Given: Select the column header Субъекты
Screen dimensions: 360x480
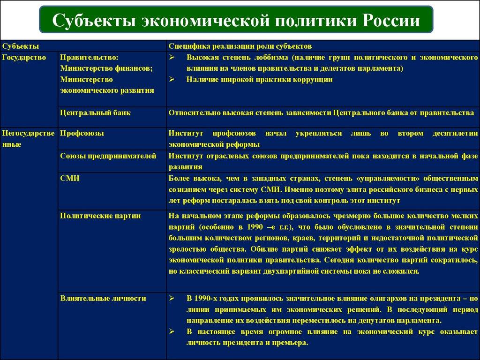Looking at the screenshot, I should [x=21, y=46].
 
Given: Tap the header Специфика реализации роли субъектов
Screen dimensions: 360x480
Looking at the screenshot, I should [x=240, y=46].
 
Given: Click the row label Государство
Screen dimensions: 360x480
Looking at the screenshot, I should [x=24, y=57].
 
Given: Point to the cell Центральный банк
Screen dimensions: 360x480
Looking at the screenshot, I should [x=95, y=113].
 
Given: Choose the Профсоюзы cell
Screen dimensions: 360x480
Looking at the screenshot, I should [x=82, y=133].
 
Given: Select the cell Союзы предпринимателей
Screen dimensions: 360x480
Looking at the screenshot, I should [x=108, y=156].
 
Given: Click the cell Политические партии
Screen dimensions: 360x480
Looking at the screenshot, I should [x=100, y=216].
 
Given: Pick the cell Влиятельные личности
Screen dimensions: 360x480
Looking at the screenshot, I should [x=103, y=298].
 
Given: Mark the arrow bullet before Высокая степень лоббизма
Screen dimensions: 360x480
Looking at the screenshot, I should [x=172, y=57].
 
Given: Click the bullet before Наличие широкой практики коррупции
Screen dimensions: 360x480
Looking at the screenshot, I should [x=172, y=80].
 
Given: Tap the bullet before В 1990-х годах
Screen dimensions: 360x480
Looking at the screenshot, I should [x=172, y=298].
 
